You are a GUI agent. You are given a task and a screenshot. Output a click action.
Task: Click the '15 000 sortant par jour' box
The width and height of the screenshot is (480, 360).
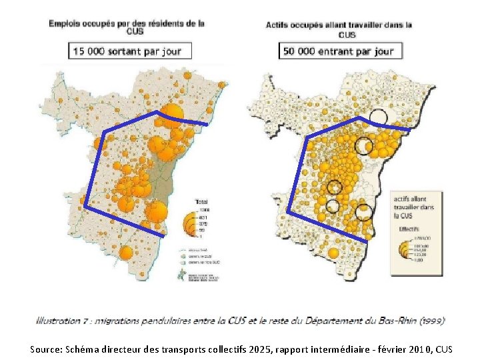127,51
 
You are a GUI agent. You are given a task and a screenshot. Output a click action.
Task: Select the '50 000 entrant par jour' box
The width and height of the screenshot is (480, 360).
339,51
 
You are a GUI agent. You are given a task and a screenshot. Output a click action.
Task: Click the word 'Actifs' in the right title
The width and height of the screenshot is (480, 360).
279,25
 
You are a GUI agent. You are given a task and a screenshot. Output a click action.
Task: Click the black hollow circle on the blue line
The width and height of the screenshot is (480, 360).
378,117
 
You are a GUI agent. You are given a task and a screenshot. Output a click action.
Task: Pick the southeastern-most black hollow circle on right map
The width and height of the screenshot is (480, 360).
363,213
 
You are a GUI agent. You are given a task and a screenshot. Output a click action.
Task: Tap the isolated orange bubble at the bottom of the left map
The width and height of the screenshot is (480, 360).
126,253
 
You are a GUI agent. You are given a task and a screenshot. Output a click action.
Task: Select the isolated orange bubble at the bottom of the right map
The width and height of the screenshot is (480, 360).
333,253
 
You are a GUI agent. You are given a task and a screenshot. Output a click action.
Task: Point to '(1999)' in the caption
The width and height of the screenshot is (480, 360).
429,321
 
